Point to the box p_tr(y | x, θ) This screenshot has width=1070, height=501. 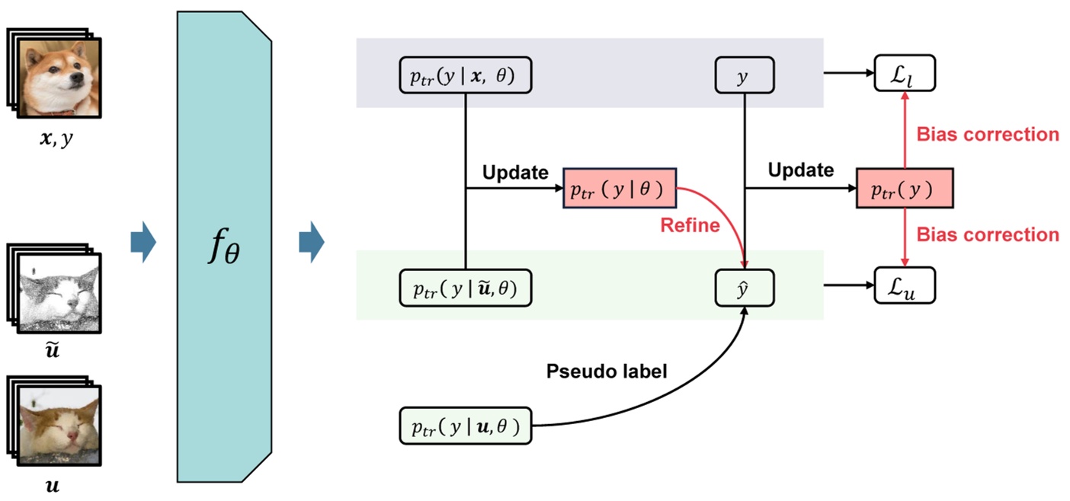(464, 76)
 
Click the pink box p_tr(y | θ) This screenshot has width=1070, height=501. (619, 190)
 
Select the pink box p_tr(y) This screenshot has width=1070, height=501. (904, 190)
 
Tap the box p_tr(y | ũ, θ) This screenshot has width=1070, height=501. (464, 289)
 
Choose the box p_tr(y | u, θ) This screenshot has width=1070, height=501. (464, 426)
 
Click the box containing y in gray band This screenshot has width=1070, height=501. (744, 76)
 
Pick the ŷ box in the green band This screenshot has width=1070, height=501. (744, 289)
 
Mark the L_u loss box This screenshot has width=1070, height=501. (905, 288)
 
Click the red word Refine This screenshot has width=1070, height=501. (690, 225)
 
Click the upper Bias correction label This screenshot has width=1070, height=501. (988, 135)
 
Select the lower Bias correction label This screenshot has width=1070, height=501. (988, 235)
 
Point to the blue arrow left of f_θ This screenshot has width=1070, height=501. (143, 244)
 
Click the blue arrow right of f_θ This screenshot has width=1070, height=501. (312, 244)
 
